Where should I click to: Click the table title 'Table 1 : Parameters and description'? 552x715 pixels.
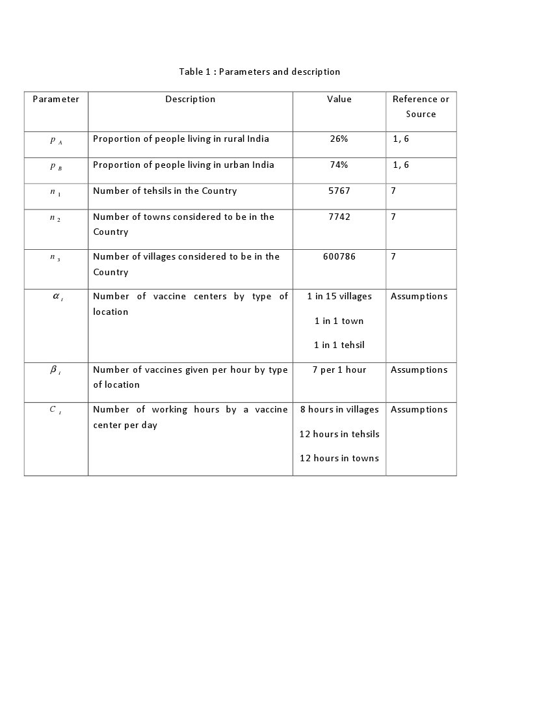pyautogui.click(x=259, y=72)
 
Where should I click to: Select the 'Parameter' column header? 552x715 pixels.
pyautogui.click(x=56, y=100)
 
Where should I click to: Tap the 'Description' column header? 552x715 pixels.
pyautogui.click(x=190, y=100)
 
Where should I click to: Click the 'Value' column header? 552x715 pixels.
pyautogui.click(x=339, y=100)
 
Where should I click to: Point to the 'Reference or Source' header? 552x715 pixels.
pyautogui.click(x=421, y=107)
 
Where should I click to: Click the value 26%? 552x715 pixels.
pyautogui.click(x=339, y=139)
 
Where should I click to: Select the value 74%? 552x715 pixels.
pyautogui.click(x=339, y=165)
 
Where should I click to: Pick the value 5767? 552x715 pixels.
pyautogui.click(x=339, y=191)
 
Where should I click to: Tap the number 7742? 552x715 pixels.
pyautogui.click(x=339, y=217)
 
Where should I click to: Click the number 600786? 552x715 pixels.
pyautogui.click(x=339, y=257)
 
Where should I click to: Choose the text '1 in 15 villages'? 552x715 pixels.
pyautogui.click(x=339, y=297)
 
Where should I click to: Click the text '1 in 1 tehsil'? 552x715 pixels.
pyautogui.click(x=339, y=345)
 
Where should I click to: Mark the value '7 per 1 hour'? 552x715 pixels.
pyautogui.click(x=339, y=370)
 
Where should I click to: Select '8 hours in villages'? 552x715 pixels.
pyautogui.click(x=339, y=410)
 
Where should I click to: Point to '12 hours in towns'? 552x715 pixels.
pyautogui.click(x=339, y=459)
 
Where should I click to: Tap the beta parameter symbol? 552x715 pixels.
pyautogui.click(x=55, y=370)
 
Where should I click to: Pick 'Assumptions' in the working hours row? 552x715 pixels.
pyautogui.click(x=419, y=410)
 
